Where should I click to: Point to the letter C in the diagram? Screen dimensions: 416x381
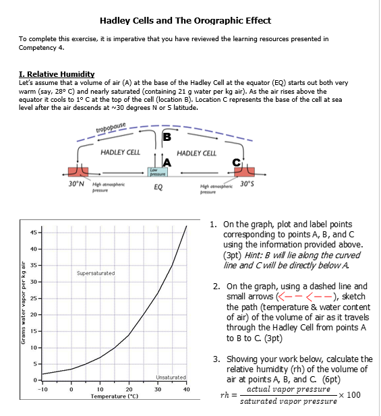(x=237, y=162)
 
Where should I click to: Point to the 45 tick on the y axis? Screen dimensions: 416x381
(x=32, y=233)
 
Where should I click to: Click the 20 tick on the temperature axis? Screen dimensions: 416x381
(x=129, y=389)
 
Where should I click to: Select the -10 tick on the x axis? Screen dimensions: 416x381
(x=42, y=389)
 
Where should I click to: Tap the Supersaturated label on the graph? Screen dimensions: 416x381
(x=95, y=273)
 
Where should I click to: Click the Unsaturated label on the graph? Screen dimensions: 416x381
(x=171, y=377)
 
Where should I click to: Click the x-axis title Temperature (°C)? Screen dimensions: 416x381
(x=115, y=396)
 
